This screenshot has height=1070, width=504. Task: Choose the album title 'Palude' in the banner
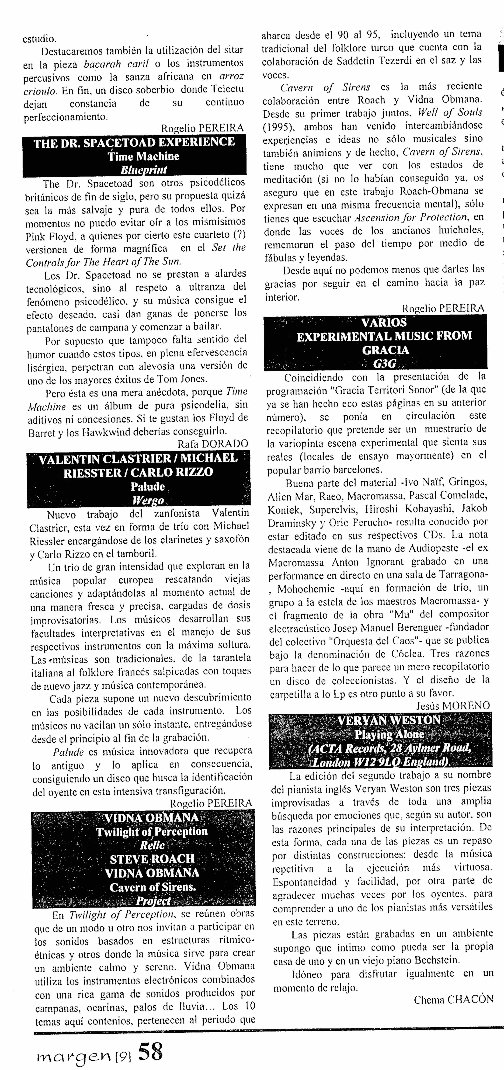pos(147,486)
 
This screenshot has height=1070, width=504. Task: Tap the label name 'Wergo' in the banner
pos(147,500)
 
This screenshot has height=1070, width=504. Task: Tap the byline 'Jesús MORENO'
pos(453,705)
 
